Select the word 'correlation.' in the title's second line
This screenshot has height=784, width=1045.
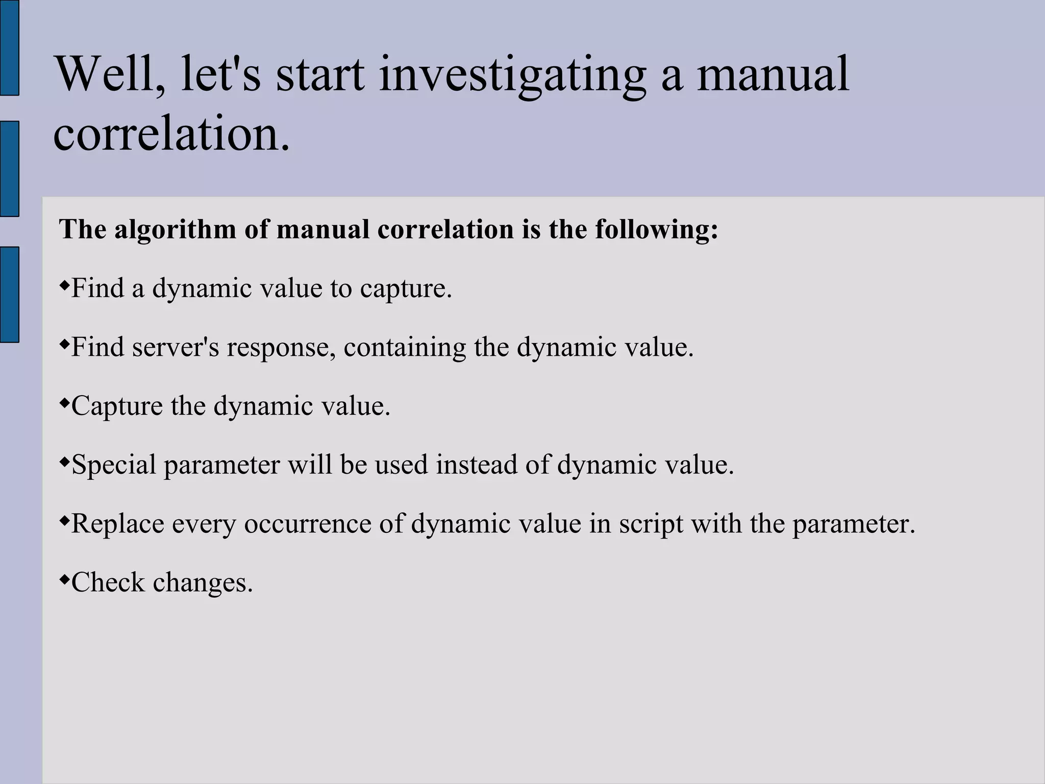[171, 134]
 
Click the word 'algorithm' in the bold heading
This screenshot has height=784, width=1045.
[175, 230]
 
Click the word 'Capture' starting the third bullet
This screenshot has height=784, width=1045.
[117, 407]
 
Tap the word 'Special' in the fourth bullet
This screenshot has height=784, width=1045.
[114, 465]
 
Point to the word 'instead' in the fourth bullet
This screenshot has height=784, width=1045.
[477, 464]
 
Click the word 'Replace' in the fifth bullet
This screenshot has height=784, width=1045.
[117, 524]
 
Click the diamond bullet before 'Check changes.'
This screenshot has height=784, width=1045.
[64, 579]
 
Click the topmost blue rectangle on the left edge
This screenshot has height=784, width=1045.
[9, 47]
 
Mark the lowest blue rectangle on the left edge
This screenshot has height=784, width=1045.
[9, 294]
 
